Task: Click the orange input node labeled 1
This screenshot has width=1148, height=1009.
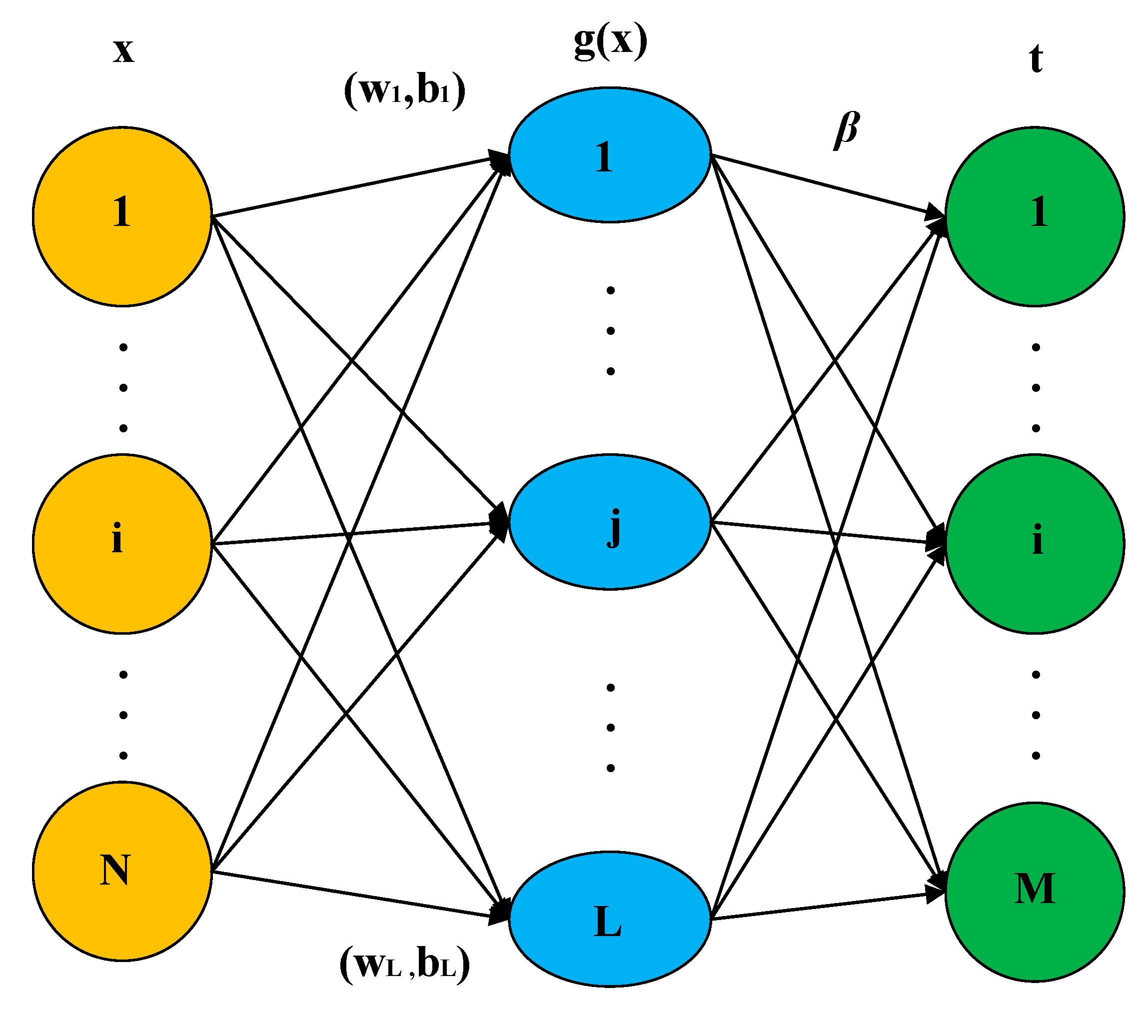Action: coord(122,216)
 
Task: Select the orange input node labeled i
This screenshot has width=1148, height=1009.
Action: coord(122,544)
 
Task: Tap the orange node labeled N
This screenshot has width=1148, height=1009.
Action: coord(122,871)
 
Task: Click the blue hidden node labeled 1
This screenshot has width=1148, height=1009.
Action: coord(610,155)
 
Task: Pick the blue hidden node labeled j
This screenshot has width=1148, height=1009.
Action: coord(610,522)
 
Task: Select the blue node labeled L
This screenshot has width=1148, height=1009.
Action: coord(610,919)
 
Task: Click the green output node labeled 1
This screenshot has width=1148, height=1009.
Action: coord(1035,216)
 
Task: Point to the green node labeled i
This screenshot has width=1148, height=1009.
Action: coord(1035,544)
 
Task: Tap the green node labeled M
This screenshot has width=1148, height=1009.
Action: coord(1035,892)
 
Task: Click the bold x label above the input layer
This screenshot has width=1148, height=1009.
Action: coord(123,50)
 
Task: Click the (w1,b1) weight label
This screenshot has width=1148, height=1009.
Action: coord(404,91)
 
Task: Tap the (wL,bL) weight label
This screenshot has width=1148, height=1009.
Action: coord(404,964)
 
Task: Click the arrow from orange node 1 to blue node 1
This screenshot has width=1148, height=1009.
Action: coord(359,186)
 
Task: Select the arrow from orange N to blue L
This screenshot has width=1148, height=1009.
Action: coord(359,896)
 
